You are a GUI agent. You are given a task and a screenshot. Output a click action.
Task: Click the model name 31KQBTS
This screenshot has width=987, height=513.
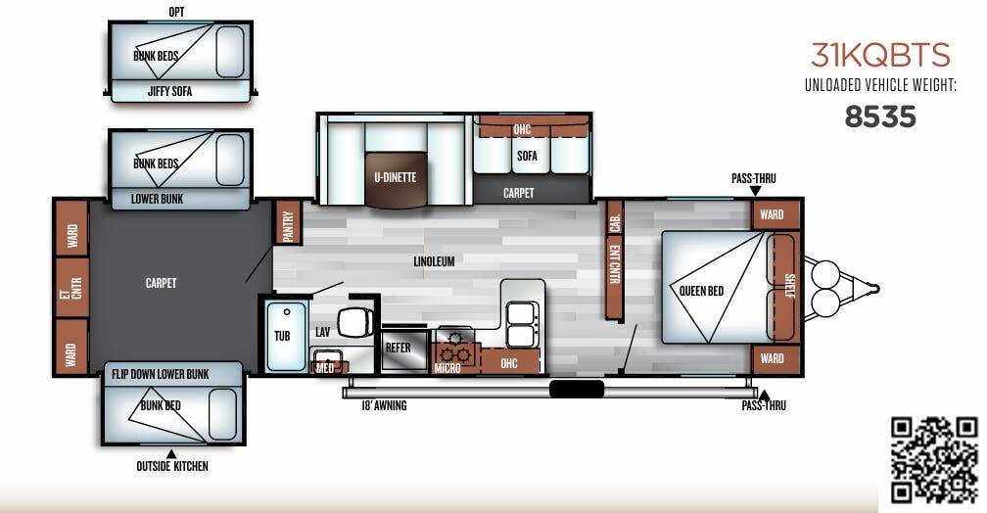tap(880, 55)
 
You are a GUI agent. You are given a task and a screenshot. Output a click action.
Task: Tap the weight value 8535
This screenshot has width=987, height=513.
tap(880, 117)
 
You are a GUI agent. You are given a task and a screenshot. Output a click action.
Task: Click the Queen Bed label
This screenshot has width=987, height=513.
tap(701, 291)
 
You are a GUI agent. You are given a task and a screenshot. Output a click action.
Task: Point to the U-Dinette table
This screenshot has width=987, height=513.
tap(396, 179)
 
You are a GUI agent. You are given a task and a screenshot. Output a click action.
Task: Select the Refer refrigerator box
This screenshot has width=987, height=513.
tap(398, 349)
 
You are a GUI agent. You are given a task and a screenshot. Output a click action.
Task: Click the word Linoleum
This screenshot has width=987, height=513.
tap(434, 261)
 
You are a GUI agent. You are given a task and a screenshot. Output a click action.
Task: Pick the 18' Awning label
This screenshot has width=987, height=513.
tap(383, 405)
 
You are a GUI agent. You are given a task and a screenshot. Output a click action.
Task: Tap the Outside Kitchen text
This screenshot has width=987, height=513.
tap(172, 467)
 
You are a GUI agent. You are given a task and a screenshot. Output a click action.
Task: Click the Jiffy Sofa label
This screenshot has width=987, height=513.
tap(170, 92)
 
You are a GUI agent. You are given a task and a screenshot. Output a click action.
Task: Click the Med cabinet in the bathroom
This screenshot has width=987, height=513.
tap(324, 368)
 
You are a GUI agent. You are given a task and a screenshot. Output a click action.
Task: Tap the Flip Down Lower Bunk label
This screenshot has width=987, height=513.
tap(160, 374)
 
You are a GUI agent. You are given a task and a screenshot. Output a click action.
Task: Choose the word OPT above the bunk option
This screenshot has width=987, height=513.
tap(176, 12)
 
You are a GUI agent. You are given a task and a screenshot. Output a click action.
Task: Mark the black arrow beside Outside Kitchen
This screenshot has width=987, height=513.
tap(171, 453)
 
